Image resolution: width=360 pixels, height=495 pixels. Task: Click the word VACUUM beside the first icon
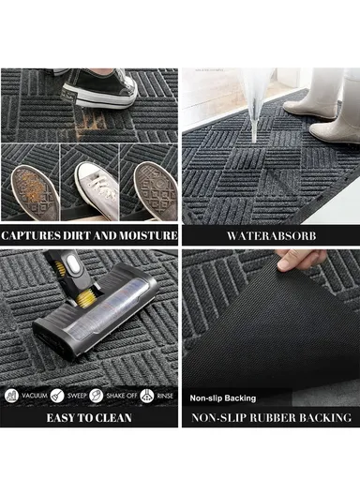[34, 397]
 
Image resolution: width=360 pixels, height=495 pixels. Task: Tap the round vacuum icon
[12, 397]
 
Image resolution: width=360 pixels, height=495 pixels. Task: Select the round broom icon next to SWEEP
[58, 397]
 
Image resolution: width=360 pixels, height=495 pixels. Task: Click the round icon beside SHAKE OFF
[101, 397]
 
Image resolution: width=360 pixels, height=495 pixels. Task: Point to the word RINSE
[163, 397]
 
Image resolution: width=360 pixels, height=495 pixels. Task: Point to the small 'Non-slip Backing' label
[223, 397]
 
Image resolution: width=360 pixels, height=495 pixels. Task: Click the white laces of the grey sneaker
[93, 173]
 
